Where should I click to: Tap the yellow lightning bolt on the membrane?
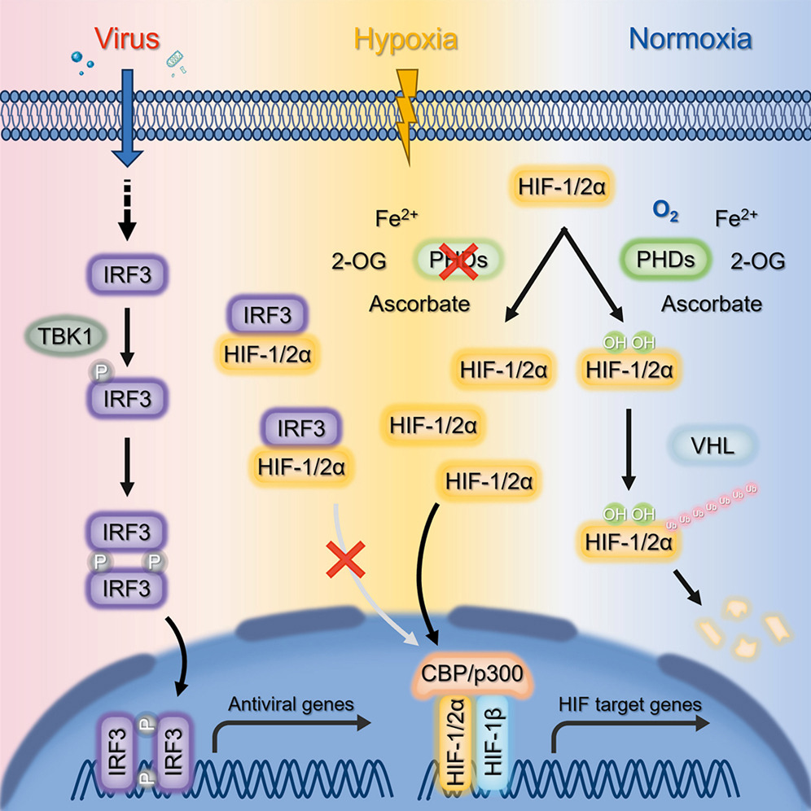pyautogui.click(x=410, y=114)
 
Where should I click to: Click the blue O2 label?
pyautogui.click(x=665, y=214)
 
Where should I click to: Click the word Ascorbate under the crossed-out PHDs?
pyautogui.click(x=420, y=305)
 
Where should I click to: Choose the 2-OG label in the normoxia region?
pyautogui.click(x=757, y=261)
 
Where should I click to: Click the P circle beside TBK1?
pyautogui.click(x=102, y=370)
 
